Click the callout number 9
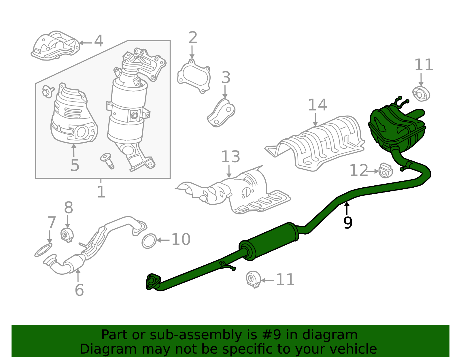[348, 223]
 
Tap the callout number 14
[317, 105]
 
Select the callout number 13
[230, 157]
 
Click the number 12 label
[358, 170]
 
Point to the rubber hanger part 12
[385, 170]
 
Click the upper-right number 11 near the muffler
[423, 65]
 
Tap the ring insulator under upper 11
[421, 94]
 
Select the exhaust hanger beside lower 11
[253, 279]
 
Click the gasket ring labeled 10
[149, 241]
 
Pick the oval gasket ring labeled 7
[44, 250]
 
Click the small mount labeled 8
[67, 235]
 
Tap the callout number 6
[79, 290]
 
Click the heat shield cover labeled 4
[55, 46]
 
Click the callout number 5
[75, 165]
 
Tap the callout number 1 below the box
[101, 192]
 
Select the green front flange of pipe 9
[153, 282]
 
